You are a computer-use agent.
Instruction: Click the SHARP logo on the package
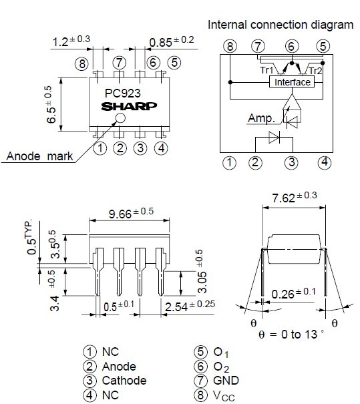coord(129,106)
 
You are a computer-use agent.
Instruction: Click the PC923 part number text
coord(123,93)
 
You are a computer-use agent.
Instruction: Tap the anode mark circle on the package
coord(120,118)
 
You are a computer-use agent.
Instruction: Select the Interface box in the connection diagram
coord(292,82)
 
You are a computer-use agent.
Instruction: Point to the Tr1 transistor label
coord(266,70)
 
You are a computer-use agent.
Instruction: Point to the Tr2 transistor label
coord(315,71)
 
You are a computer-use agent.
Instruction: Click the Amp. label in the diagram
coord(261,118)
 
